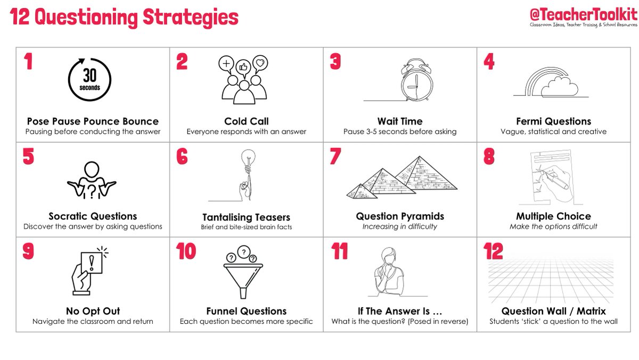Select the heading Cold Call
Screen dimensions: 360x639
(246, 121)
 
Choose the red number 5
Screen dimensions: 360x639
(29, 157)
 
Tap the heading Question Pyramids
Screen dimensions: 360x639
(400, 216)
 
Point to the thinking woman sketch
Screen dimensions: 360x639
(390, 269)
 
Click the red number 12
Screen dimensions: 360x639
(493, 251)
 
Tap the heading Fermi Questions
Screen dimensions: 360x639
(553, 121)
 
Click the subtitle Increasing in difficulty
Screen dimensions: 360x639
(399, 226)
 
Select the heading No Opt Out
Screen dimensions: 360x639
(93, 311)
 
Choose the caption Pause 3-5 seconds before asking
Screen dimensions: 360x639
(399, 132)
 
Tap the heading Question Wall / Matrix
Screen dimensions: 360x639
(553, 311)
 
